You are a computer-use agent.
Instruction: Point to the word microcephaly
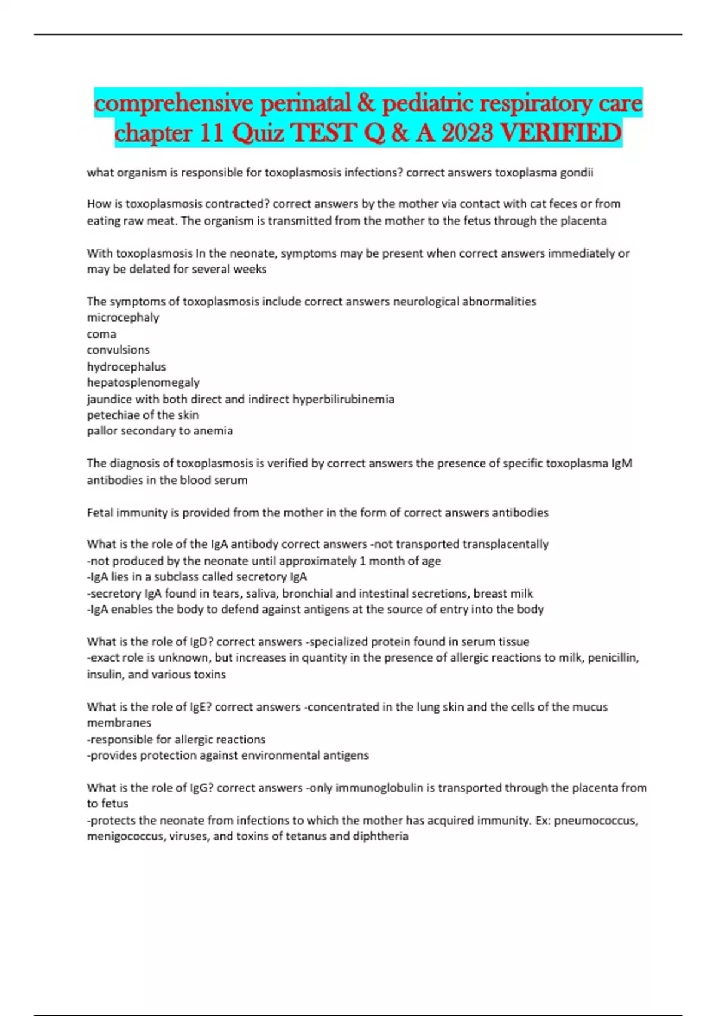pos(123,317)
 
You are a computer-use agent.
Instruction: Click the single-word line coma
pos(102,334)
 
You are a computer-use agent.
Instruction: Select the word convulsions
pos(118,350)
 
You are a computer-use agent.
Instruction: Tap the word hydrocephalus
pos(126,366)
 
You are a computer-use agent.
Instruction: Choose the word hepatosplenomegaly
pos(143,382)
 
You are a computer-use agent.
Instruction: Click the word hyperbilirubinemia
pos(343,399)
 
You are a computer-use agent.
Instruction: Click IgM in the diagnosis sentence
pos(622,463)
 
